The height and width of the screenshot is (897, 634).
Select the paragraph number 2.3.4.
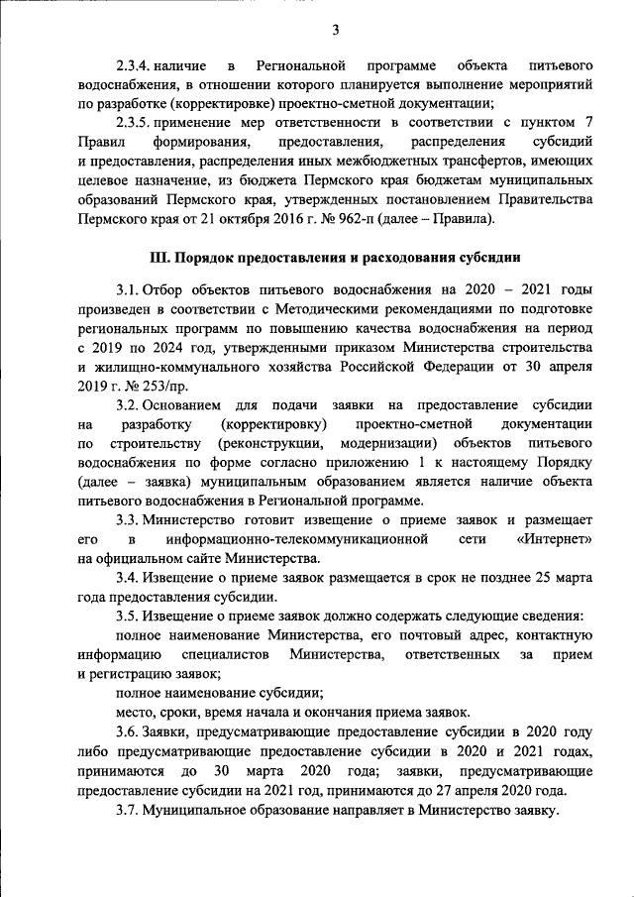tap(133, 66)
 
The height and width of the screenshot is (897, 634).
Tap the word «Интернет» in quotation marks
tap(554, 539)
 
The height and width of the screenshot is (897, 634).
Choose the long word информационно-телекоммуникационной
tap(297, 539)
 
